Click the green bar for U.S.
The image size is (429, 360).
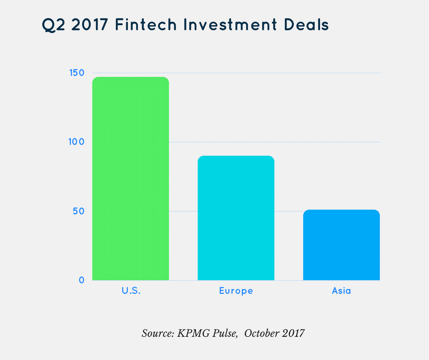[x=131, y=178]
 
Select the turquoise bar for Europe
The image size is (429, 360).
[x=236, y=218]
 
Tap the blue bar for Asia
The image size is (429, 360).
[x=341, y=245]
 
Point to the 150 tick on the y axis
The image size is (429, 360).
[x=76, y=73]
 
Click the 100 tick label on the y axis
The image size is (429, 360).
[x=76, y=142]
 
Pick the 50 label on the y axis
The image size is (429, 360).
[x=79, y=211]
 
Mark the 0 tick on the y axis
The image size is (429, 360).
[x=82, y=280]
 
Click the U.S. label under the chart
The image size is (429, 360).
[x=131, y=291]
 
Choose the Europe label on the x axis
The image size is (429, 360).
[x=236, y=291]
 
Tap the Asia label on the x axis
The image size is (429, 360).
[x=341, y=291]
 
